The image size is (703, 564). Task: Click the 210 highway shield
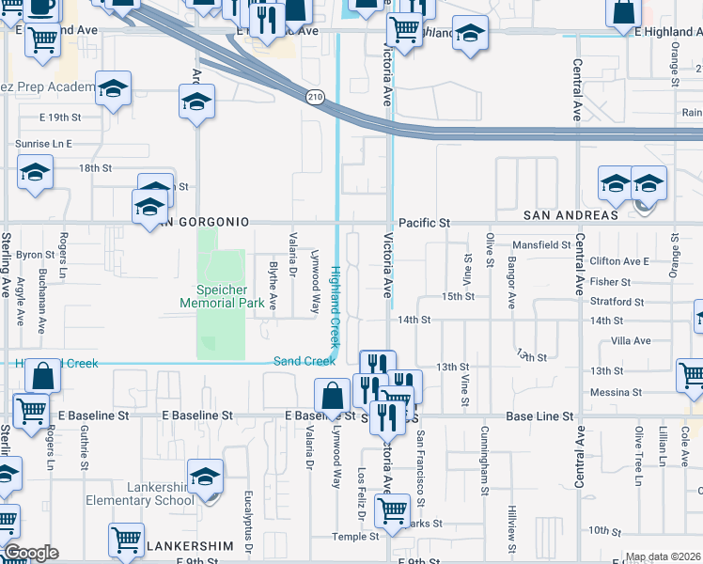pos(315,97)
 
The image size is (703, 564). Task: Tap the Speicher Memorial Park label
pos(223,296)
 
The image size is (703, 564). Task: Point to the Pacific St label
pos(425,223)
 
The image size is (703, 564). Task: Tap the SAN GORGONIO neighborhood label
pos(204,222)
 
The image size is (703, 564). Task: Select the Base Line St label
pos(534,415)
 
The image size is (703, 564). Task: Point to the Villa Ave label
pos(631,342)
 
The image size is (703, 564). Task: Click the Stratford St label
pos(617,303)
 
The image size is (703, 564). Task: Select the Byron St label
pos(36,255)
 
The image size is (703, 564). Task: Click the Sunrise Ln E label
pos(43,144)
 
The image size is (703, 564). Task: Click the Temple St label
pos(354,537)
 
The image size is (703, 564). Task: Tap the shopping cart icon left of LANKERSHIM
pos(126,540)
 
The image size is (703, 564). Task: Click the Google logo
pos(31,553)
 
